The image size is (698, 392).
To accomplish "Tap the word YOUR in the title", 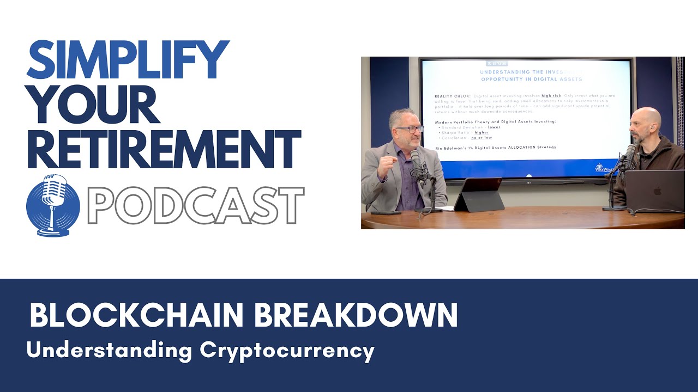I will pos(93,105).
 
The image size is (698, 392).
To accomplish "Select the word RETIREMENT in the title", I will pos(163,149).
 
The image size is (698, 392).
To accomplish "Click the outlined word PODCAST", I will pos(195,206).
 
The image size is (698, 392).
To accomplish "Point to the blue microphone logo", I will pos(53,205).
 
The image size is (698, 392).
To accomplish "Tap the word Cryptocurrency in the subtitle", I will pos(287,350).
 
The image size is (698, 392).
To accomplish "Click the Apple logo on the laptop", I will pos(657,191).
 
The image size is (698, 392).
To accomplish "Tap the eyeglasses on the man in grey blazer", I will pos(409,129).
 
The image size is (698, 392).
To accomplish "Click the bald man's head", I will pos(646,122).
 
